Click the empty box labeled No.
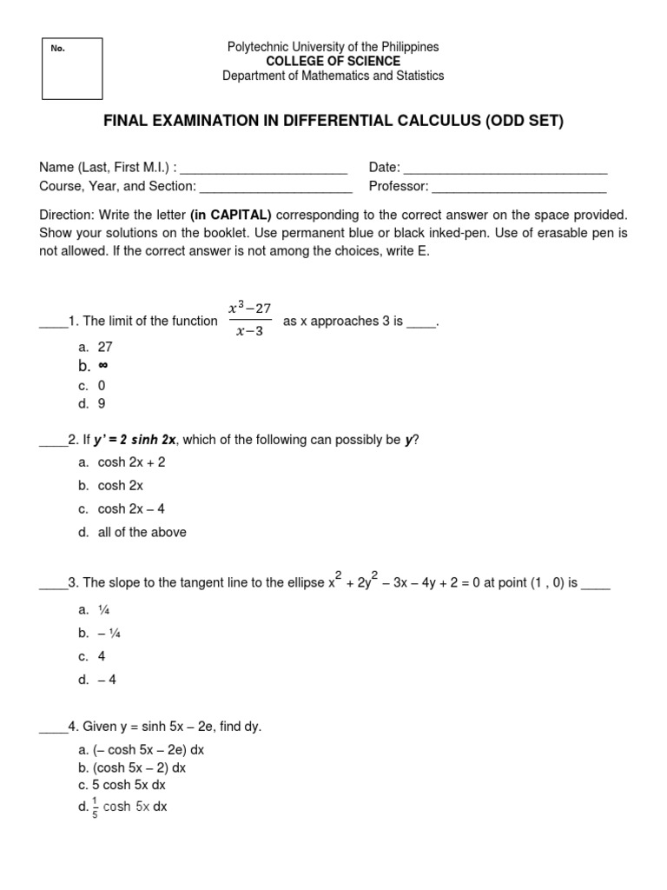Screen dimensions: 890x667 click(x=72, y=69)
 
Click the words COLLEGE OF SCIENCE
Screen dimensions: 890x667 click(x=333, y=61)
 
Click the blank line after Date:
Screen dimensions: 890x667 click(x=505, y=168)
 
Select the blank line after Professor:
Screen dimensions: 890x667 click(x=518, y=186)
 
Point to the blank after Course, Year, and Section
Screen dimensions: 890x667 click(x=275, y=186)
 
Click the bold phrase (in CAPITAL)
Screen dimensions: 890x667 click(x=231, y=215)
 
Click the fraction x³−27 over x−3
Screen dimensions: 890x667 click(x=250, y=322)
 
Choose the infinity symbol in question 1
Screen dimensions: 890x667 click(x=102, y=366)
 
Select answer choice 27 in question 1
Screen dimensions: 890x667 click(x=105, y=346)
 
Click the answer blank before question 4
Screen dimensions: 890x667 click(x=52, y=727)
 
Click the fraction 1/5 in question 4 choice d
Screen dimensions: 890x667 click(x=95, y=807)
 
